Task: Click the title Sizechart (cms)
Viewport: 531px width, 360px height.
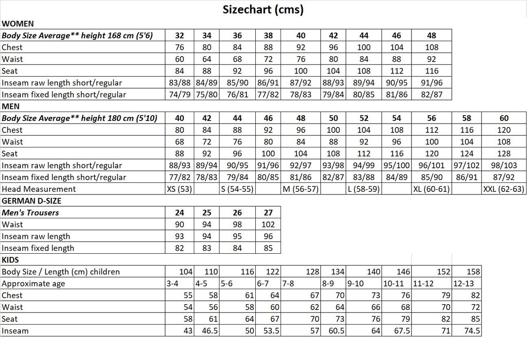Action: pos(263,10)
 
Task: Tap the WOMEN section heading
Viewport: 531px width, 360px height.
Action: pos(18,24)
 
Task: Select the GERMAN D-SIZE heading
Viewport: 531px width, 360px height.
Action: pos(31,201)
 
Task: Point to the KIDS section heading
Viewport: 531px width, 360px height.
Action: pos(10,260)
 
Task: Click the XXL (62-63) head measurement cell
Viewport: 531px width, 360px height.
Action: pos(504,189)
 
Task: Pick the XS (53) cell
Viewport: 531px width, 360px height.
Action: pos(180,189)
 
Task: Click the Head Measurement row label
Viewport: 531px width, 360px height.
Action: pos(39,189)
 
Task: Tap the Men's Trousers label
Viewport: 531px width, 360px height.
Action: pos(31,213)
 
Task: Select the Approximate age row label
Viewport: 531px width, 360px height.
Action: pos(34,284)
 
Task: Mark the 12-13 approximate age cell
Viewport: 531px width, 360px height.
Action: pos(463,284)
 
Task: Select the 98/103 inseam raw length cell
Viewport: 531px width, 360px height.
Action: pos(504,166)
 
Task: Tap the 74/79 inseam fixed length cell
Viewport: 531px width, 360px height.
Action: pos(180,94)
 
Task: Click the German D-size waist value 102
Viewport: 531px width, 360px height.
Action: pos(268,225)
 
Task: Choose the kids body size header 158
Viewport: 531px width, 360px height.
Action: pos(473,272)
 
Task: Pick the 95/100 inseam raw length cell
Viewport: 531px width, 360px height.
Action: pos(396,166)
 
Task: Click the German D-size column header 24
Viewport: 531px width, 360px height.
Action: pos(180,213)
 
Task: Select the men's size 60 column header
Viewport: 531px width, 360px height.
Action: pos(504,118)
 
